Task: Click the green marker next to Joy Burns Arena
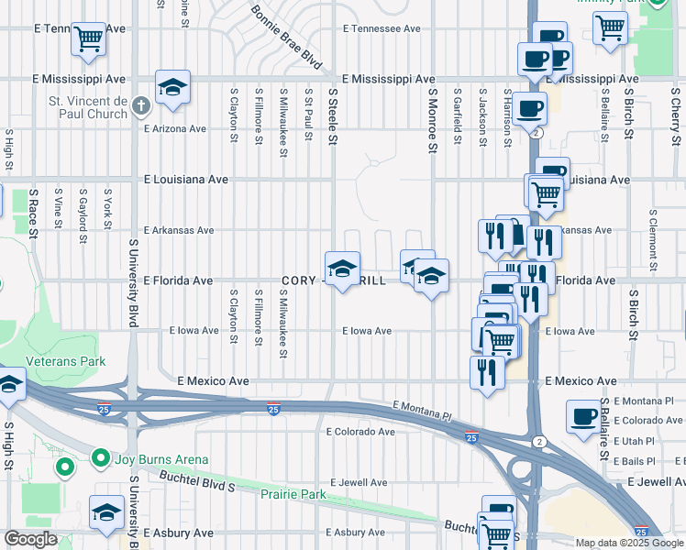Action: coord(64,468)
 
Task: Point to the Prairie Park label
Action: coord(293,495)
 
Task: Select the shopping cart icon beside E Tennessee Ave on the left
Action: coord(88,38)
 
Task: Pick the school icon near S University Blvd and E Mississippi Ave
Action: coord(172,87)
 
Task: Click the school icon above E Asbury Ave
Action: coord(106,511)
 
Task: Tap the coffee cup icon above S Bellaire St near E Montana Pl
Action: coord(583,417)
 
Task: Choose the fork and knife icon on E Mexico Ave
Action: coord(487,371)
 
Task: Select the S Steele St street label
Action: coord(333,115)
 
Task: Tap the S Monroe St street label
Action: coord(430,115)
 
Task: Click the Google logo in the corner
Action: coord(30,539)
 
